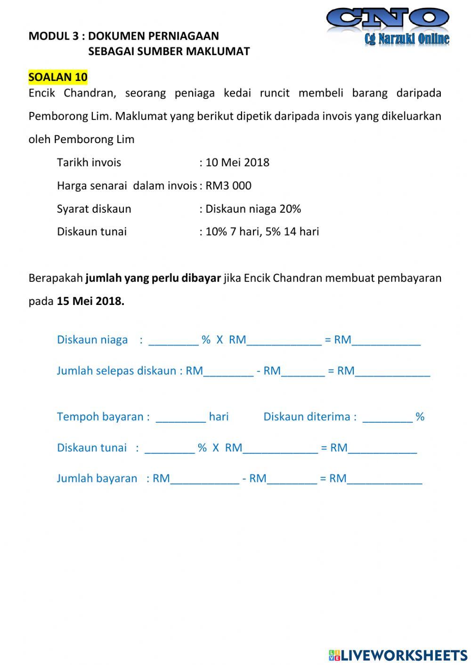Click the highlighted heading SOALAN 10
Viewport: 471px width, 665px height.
[58, 77]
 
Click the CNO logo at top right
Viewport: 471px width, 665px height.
[388, 26]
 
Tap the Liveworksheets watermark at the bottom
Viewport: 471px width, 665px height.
[398, 655]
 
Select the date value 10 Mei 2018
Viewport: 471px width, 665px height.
[237, 162]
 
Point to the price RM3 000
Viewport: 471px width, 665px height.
[228, 185]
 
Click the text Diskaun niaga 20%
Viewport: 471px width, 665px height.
[253, 208]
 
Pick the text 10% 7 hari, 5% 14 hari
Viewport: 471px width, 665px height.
[262, 232]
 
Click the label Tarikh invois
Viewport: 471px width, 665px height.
[89, 162]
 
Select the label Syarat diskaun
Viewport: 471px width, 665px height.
[94, 208]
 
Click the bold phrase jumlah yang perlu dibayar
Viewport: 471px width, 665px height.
[153, 278]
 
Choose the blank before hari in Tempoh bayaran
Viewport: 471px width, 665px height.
[181, 417]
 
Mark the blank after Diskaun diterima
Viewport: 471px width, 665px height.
[387, 417]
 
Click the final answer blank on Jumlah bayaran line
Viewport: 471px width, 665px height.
[384, 479]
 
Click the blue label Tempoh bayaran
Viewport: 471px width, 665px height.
[103, 417]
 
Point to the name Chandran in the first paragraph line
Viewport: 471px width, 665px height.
[89, 93]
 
